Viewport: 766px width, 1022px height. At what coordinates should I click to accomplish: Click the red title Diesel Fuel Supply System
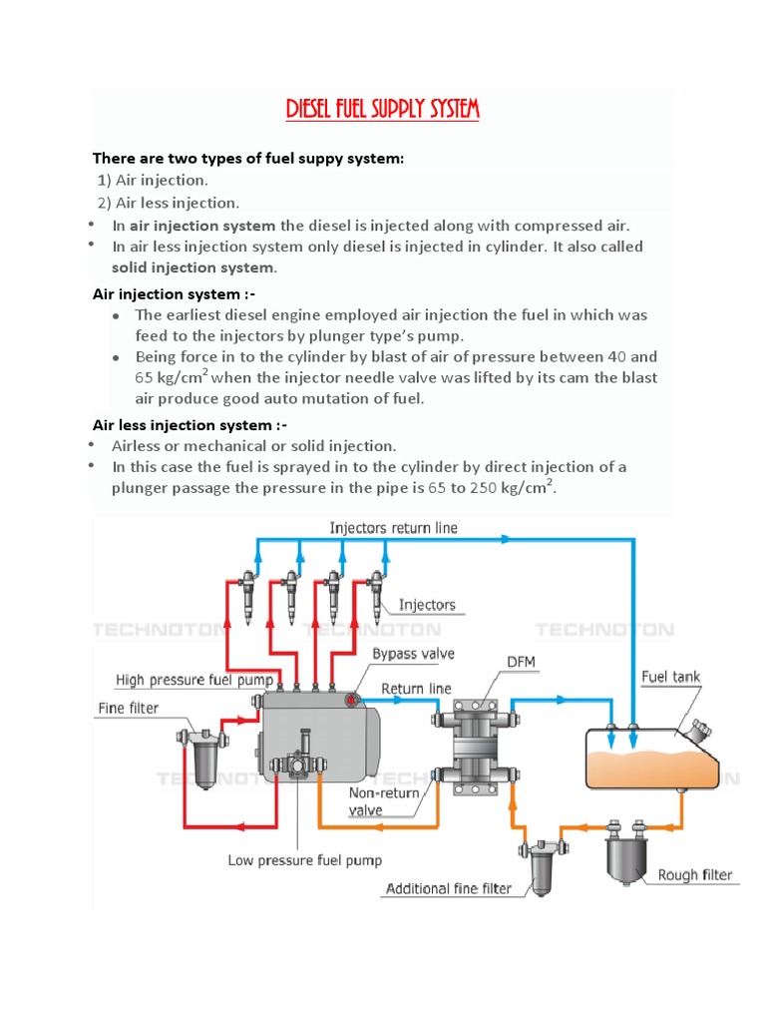(x=383, y=109)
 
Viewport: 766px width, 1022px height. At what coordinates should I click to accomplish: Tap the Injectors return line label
(x=394, y=527)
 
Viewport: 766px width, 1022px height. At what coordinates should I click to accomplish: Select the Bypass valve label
(x=413, y=654)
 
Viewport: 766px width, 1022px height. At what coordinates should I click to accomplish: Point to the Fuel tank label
(x=670, y=677)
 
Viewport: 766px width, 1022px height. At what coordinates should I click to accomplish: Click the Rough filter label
(x=694, y=875)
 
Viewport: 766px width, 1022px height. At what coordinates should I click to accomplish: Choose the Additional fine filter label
(x=449, y=888)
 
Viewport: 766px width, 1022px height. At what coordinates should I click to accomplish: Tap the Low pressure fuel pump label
(x=304, y=859)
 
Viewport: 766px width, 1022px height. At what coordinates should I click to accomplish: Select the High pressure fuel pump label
(x=194, y=681)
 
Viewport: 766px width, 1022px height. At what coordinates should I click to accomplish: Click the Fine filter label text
(x=128, y=709)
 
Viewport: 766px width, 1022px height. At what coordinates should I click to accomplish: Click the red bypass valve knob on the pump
(x=350, y=701)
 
